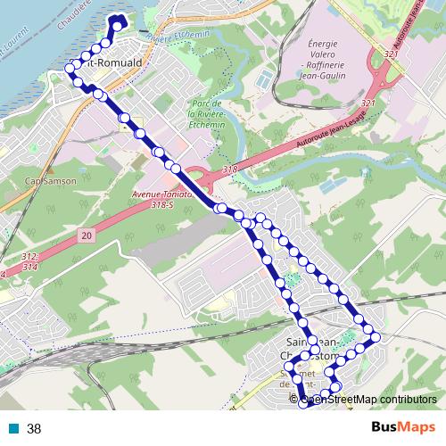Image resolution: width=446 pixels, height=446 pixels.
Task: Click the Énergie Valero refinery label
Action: tap(326, 60)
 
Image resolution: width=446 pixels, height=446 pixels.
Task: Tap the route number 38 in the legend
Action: tap(34, 429)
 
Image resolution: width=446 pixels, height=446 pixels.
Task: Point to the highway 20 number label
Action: tap(85, 235)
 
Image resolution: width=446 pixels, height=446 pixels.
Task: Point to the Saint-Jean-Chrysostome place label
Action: tap(312, 349)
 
